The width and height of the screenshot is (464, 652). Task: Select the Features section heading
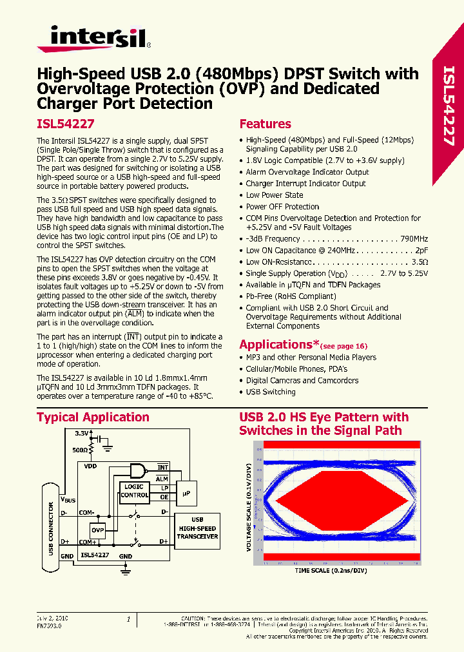click(265, 124)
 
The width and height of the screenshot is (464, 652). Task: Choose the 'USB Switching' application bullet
click(271, 392)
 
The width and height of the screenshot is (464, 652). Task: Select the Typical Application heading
click(93, 417)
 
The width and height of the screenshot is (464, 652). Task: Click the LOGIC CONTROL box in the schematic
click(134, 491)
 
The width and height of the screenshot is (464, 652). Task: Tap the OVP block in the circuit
click(97, 530)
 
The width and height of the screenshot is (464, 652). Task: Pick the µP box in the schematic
click(187, 492)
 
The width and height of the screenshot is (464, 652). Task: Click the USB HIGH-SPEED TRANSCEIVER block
click(197, 528)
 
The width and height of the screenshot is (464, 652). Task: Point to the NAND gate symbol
click(139, 470)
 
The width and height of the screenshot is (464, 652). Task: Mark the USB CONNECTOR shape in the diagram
click(52, 526)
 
